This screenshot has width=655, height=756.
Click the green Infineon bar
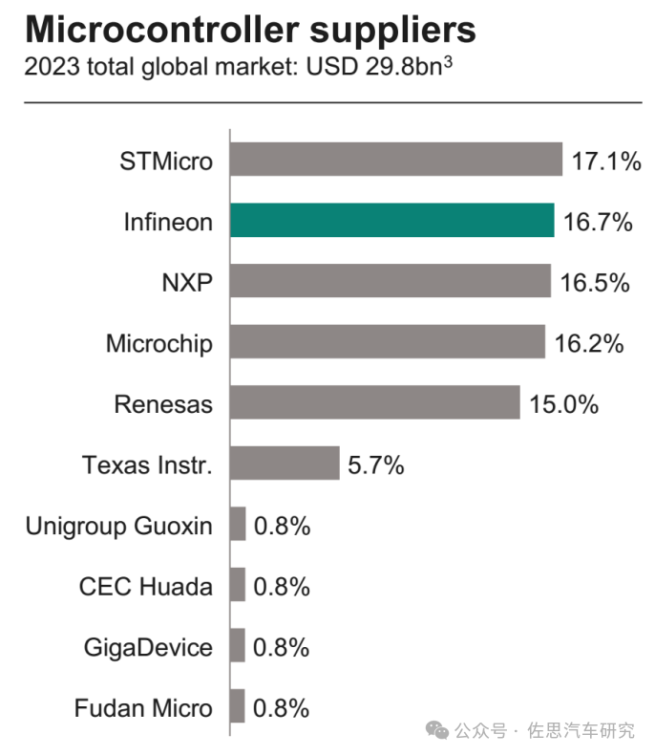pos(391,221)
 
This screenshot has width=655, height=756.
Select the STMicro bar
pos(395,160)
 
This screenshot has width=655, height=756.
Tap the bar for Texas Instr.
pos(285,464)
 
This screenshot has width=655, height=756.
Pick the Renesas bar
pos(374,402)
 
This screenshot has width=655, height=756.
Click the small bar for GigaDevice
pos(238,646)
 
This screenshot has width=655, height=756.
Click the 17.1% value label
pos(605,161)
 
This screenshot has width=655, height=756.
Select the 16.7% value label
pos(598,222)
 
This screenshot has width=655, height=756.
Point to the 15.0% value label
pos(563,403)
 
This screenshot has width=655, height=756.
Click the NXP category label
pos(186,283)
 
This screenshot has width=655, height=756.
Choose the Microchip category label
pos(159,343)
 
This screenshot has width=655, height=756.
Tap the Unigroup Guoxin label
pos(119,525)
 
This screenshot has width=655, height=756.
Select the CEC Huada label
pos(146,586)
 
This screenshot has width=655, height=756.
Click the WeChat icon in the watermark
pos(438,729)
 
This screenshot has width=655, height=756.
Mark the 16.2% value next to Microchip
pos(589,343)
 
